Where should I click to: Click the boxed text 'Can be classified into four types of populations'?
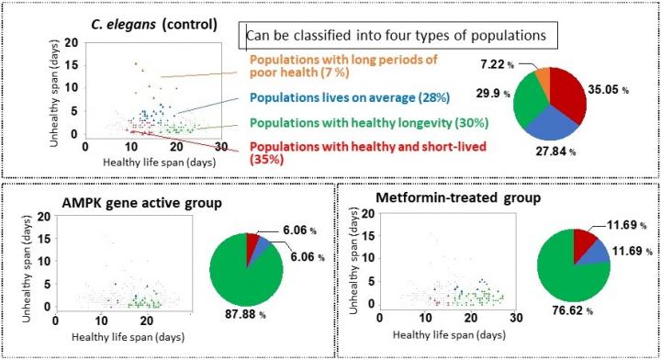pos(397,36)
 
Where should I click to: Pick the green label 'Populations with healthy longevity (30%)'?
pos(368,123)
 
